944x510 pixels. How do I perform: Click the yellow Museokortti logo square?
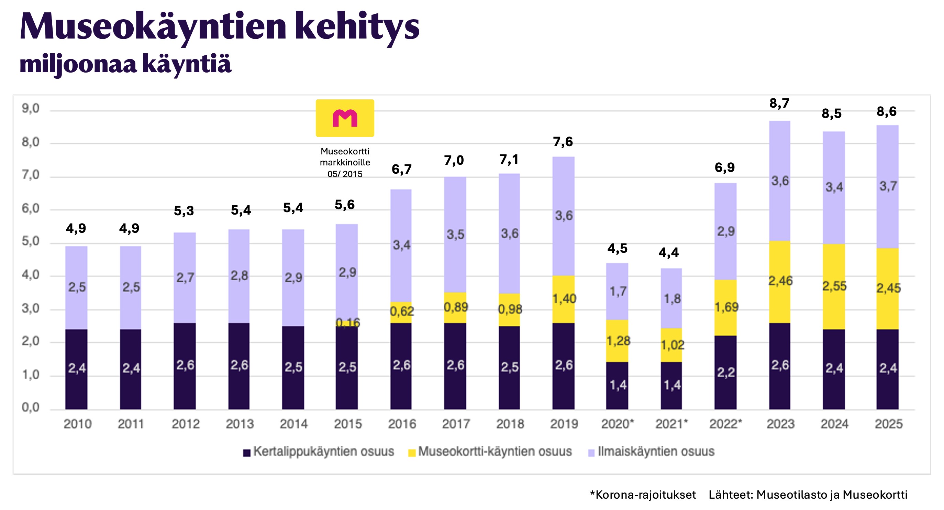point(345,118)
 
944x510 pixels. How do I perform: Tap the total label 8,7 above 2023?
point(779,104)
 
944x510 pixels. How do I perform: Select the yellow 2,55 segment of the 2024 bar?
point(834,286)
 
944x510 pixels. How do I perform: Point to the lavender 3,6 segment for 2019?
point(563,216)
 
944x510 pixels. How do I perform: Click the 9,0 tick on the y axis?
point(31,109)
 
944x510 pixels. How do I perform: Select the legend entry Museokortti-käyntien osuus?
point(490,452)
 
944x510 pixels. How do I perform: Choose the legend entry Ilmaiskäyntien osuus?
point(651,452)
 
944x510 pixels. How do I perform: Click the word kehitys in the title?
point(357,26)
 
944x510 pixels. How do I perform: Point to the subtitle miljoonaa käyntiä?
point(125,64)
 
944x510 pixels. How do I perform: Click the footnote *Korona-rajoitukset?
point(642,495)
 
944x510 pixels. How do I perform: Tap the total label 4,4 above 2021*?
point(668,252)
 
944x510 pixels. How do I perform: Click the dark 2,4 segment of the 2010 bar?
point(76,368)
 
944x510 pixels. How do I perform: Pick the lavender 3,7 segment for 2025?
point(887,187)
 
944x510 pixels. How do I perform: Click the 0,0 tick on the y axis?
point(31,407)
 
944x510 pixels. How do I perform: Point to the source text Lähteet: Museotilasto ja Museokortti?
point(808,495)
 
